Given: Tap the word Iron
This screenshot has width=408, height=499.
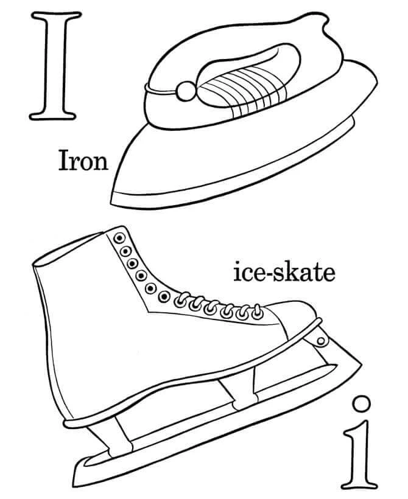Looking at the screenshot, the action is (83, 161).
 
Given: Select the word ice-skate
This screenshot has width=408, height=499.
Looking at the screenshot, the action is (284, 273).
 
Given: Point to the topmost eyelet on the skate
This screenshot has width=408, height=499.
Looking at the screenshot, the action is (119, 237).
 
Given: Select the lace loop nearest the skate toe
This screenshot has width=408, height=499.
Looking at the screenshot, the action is (256, 312).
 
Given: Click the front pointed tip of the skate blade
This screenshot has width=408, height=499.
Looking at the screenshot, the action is (360, 363).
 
